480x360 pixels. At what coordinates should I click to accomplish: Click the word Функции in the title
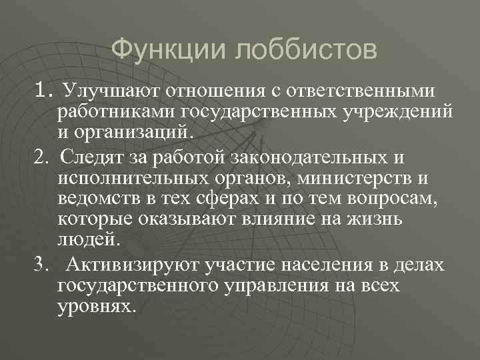[163, 49]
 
